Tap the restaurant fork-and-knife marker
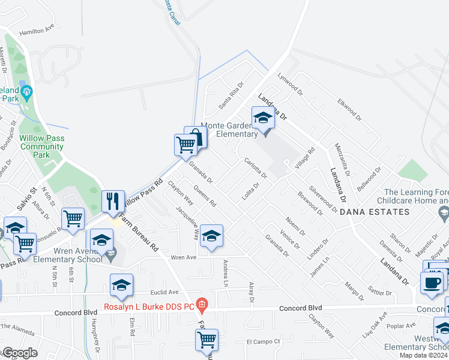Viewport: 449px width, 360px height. (112, 202)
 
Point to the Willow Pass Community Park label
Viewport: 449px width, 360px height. (41, 146)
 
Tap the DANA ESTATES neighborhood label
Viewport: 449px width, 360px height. (366, 212)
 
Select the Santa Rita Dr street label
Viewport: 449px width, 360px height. (231, 95)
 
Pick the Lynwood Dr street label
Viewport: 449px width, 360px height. (291, 85)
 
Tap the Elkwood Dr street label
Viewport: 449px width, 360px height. (348, 108)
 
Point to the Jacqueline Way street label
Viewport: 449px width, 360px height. (187, 223)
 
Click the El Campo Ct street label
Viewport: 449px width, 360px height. (264, 341)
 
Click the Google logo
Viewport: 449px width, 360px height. (20, 353)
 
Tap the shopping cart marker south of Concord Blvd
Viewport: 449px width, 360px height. (206, 340)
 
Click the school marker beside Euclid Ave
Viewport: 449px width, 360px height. (121, 285)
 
